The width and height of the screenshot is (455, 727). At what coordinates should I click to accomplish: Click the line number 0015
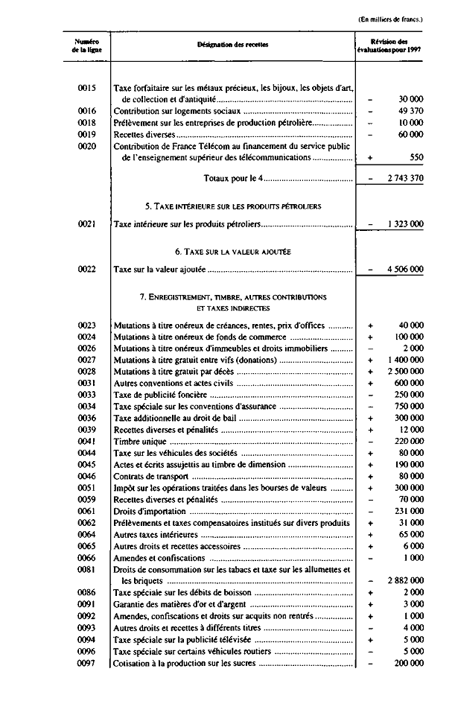[x=87, y=88]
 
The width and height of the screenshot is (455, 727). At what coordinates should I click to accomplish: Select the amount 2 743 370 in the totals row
[x=405, y=179]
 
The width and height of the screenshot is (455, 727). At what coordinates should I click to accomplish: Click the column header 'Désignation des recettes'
[x=233, y=45]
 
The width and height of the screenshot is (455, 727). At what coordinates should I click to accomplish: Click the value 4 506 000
[x=405, y=270]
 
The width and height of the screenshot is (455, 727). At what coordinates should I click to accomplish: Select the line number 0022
[x=87, y=270]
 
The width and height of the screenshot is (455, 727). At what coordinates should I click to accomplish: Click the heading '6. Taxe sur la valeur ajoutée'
[x=233, y=252]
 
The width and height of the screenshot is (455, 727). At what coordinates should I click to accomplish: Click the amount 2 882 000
[x=405, y=580]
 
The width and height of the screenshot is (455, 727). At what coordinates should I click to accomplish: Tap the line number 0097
[x=87, y=664]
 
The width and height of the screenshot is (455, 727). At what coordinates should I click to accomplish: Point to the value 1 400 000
[x=405, y=359]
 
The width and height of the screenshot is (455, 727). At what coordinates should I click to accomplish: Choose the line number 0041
[x=87, y=442]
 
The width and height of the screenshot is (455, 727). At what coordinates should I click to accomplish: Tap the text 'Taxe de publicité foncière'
[x=162, y=394]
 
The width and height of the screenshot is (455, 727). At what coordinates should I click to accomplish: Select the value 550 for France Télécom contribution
[x=416, y=158]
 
